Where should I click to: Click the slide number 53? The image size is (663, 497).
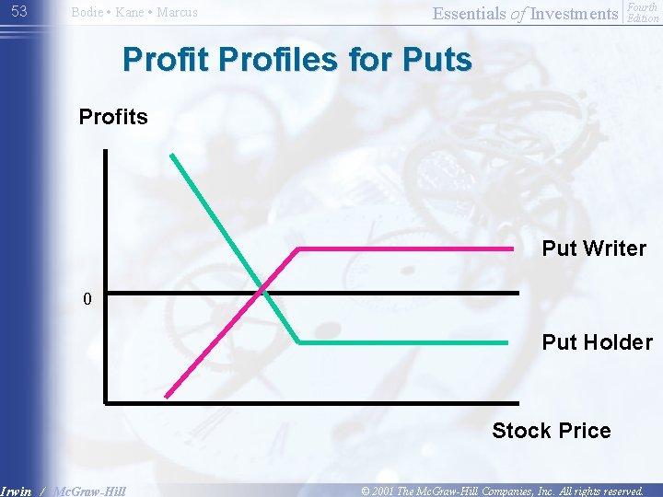[19, 11]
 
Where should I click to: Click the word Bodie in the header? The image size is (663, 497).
[87, 13]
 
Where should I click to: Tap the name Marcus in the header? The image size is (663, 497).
[176, 13]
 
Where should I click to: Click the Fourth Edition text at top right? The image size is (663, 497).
[642, 12]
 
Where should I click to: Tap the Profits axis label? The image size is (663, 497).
[113, 117]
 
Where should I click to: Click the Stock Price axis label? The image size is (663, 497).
[551, 431]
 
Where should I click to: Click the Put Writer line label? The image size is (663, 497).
[593, 248]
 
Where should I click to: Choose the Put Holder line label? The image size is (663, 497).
[597, 342]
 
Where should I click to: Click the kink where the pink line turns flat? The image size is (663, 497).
[297, 248]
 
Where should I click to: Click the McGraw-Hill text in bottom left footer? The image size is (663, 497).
[89, 491]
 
